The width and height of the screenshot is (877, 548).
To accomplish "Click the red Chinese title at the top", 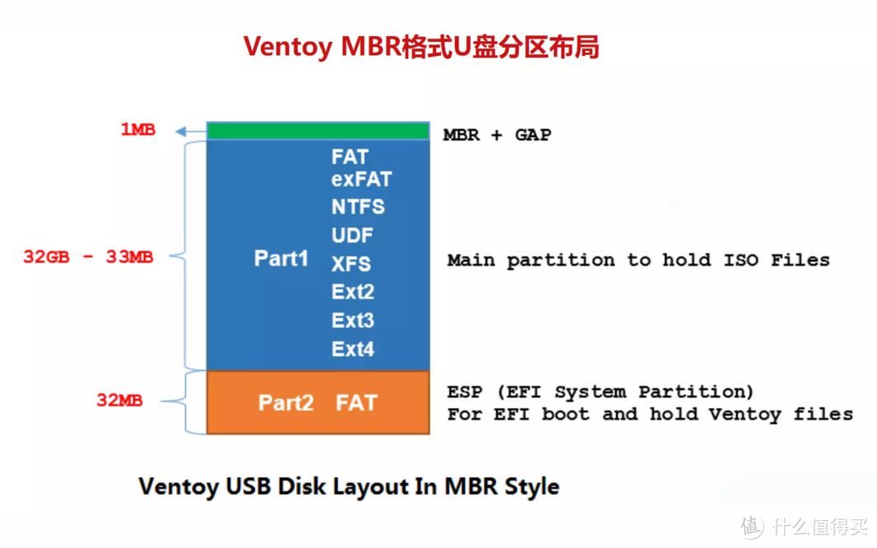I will pyautogui.click(x=420, y=47).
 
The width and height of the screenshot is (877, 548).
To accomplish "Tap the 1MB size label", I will pyautogui.click(x=137, y=130).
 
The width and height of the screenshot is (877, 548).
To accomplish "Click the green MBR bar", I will pyautogui.click(x=318, y=131).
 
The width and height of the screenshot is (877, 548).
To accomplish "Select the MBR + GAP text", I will pyautogui.click(x=497, y=135).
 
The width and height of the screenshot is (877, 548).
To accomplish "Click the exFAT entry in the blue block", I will pyautogui.click(x=361, y=179).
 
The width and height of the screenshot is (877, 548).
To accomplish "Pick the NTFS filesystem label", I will pyautogui.click(x=358, y=207).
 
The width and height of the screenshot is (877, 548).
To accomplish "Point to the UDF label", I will pyautogui.click(x=352, y=235).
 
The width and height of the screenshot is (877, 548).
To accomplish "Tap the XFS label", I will pyautogui.click(x=351, y=264).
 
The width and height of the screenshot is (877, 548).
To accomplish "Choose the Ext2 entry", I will pyautogui.click(x=353, y=292).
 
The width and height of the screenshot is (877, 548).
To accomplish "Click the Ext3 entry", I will pyautogui.click(x=353, y=320).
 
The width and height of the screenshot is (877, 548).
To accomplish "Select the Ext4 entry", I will pyautogui.click(x=353, y=349).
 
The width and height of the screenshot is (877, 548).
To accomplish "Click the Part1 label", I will pyautogui.click(x=281, y=258).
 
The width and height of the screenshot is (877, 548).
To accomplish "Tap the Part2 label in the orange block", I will pyautogui.click(x=285, y=402).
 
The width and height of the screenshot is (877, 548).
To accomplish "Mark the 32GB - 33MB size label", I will pyautogui.click(x=88, y=257).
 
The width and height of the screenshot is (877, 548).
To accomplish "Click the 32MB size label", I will pyautogui.click(x=119, y=401).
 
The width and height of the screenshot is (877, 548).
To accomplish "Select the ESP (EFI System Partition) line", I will pyautogui.click(x=600, y=392).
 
